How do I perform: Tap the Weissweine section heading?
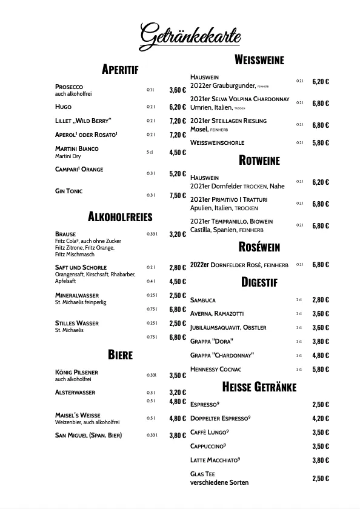(259, 59)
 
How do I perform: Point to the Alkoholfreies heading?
(120, 216)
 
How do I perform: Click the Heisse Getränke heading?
(259, 387)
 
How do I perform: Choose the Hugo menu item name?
(63, 107)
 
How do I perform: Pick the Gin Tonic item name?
(68, 191)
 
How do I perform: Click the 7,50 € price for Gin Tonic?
(178, 196)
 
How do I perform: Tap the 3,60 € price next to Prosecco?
(178, 90)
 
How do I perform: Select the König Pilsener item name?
(76, 372)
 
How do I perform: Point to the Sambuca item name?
(203, 300)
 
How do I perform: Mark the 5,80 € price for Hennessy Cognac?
(321, 370)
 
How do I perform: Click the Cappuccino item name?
(208, 447)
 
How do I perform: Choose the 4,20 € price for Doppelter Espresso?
(321, 418)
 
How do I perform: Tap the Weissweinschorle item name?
(217, 143)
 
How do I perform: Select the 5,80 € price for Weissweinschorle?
(321, 143)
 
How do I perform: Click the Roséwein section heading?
(259, 247)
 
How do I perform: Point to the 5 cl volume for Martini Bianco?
(150, 152)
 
